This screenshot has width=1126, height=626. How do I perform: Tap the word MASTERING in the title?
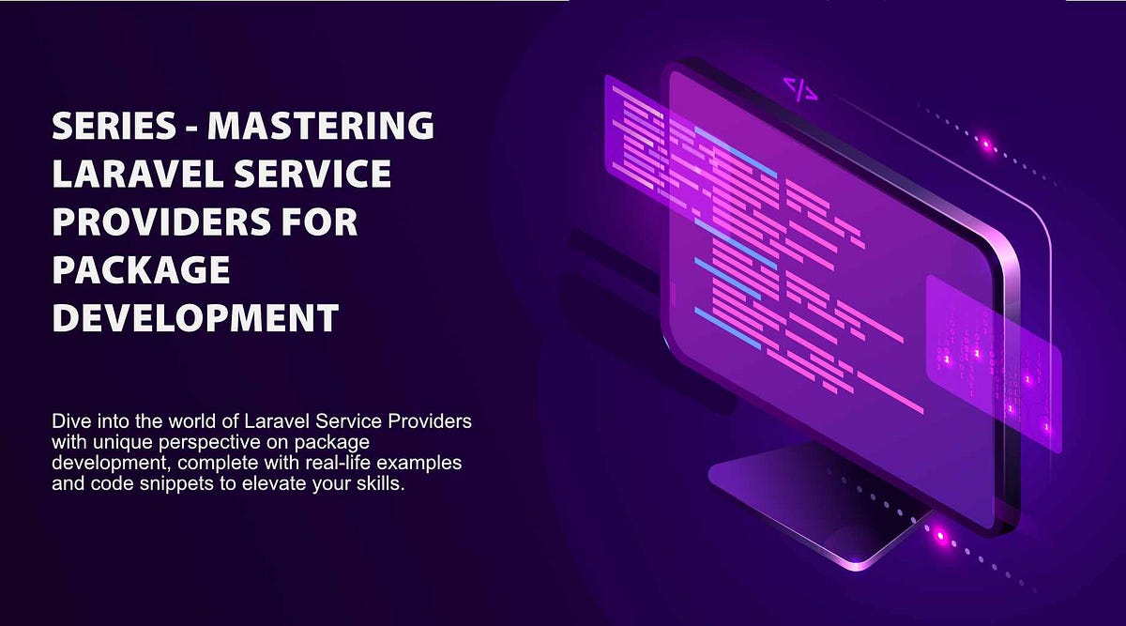pyautogui.click(x=320, y=126)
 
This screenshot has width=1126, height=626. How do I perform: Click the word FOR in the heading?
pyautogui.click(x=317, y=223)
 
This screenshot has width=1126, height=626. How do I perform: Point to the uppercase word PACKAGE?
pyautogui.click(x=141, y=271)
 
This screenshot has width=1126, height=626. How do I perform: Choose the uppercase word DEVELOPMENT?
pyautogui.click(x=195, y=320)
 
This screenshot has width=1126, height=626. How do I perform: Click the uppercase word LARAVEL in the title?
pyautogui.click(x=129, y=175)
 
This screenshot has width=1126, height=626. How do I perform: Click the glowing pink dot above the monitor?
pyautogui.click(x=985, y=145)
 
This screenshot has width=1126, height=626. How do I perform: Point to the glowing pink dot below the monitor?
pyautogui.click(x=941, y=537)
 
